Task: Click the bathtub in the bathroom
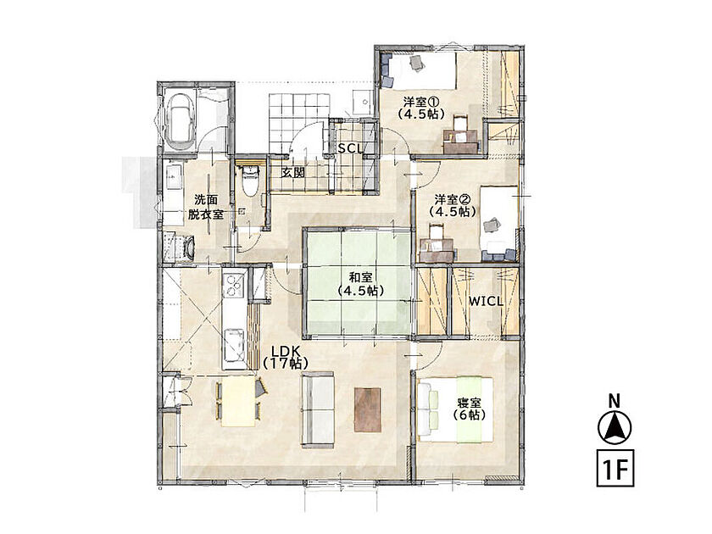[x=181, y=122]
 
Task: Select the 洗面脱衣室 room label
[x=206, y=207]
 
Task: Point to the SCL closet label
[x=351, y=148]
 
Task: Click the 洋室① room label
[x=420, y=108]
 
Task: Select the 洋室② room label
[x=453, y=205]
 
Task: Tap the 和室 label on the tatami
[x=360, y=284]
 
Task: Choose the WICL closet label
[x=486, y=301]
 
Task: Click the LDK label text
[x=286, y=357]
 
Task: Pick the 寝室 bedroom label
[x=469, y=409]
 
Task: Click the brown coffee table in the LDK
[x=368, y=410]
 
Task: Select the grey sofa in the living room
[x=317, y=409]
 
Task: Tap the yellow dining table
[x=238, y=402]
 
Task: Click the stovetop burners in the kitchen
[x=234, y=286]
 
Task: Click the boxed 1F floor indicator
[x=615, y=468]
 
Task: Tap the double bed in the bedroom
[x=455, y=409]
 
